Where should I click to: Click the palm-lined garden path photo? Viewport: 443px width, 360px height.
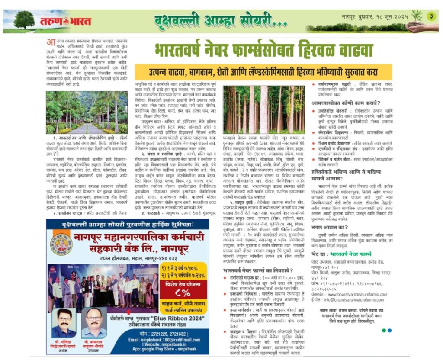(80, 112)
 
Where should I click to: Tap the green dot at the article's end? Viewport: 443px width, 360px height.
(383, 331)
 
